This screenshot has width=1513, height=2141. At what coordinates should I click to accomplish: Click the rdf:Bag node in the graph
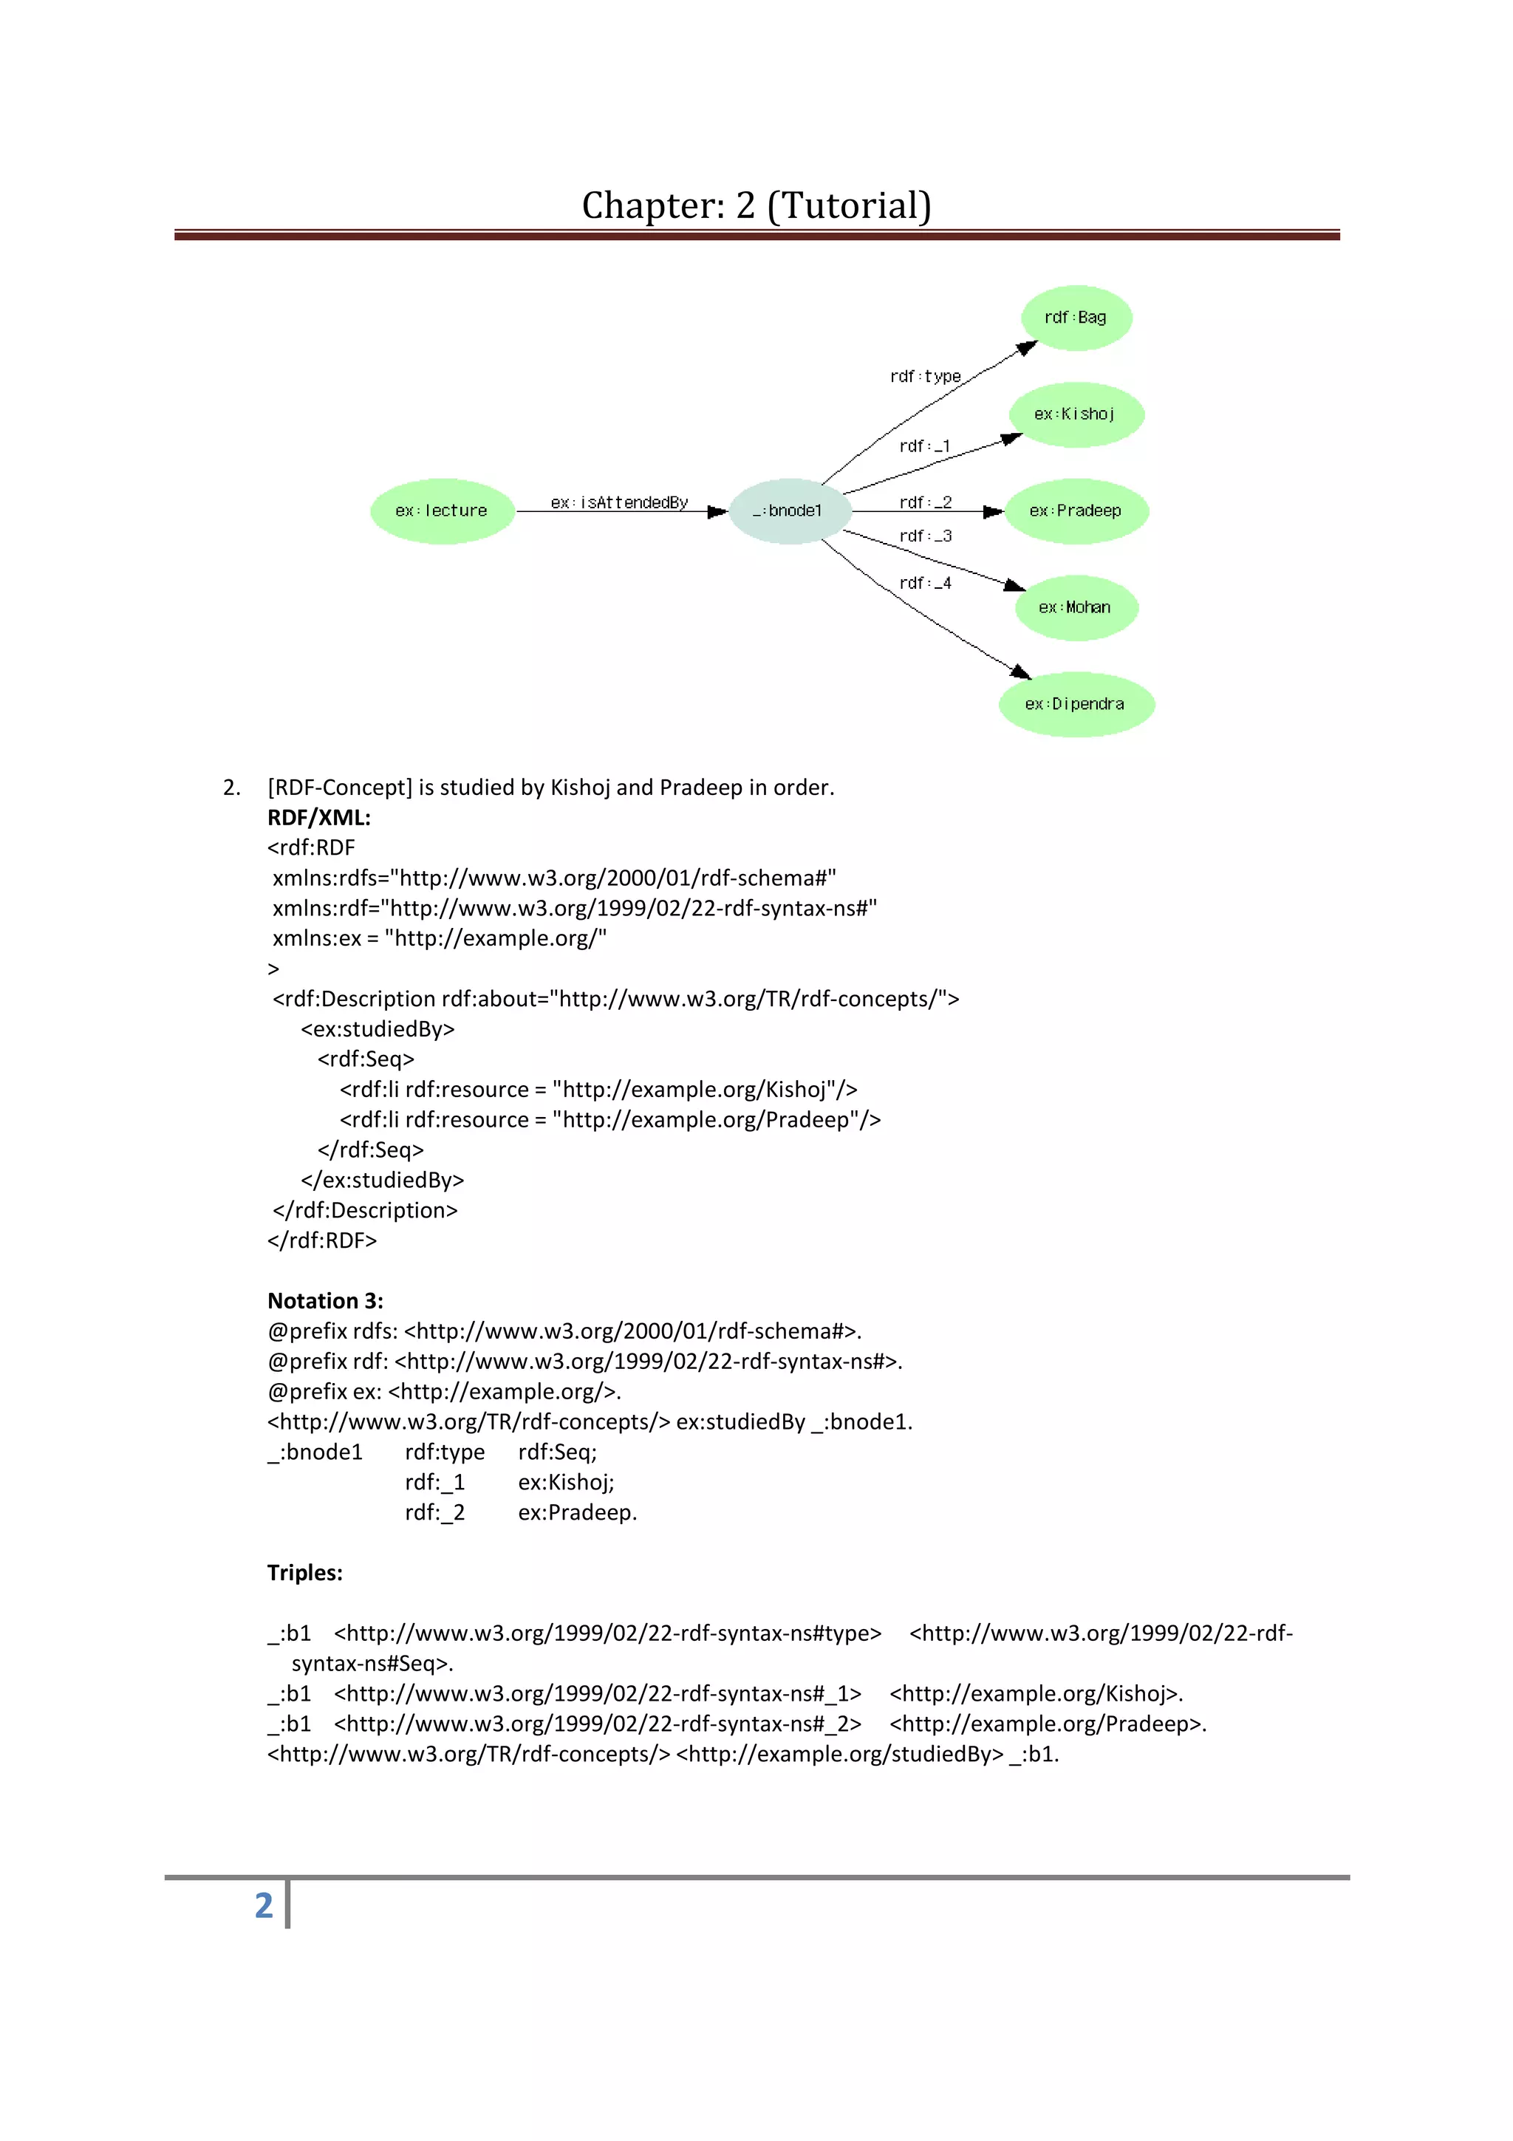1076,318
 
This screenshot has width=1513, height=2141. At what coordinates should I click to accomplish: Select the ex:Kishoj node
1076,414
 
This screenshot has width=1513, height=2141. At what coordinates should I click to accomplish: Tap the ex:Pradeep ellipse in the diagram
1076,511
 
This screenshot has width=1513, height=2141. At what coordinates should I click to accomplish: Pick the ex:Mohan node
1076,607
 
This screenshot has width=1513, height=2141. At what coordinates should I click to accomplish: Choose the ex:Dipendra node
1076,704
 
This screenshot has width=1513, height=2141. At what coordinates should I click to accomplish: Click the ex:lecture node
442,511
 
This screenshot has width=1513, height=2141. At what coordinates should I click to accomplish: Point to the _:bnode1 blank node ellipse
789,511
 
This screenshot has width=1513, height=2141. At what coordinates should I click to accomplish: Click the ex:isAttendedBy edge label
619,502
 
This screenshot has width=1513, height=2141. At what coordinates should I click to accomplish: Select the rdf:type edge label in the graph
925,377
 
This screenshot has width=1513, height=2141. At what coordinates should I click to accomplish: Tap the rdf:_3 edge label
925,536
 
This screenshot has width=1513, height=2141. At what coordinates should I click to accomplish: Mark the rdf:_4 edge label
925,583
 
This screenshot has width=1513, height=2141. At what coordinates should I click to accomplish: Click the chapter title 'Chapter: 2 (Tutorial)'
756,205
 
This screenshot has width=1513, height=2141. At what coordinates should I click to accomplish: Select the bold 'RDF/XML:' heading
319,818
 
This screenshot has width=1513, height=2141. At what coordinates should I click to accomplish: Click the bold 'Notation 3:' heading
325,1301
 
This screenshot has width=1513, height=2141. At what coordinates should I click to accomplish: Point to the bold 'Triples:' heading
305,1573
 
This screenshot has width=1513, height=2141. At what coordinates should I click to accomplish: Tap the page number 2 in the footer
264,1905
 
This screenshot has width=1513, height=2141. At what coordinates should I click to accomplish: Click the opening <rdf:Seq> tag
366,1059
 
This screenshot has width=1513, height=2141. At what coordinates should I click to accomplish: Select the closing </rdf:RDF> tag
321,1240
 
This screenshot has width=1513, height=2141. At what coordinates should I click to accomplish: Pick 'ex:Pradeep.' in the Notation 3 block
577,1512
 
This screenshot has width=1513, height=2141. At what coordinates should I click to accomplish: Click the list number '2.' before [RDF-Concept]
231,788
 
